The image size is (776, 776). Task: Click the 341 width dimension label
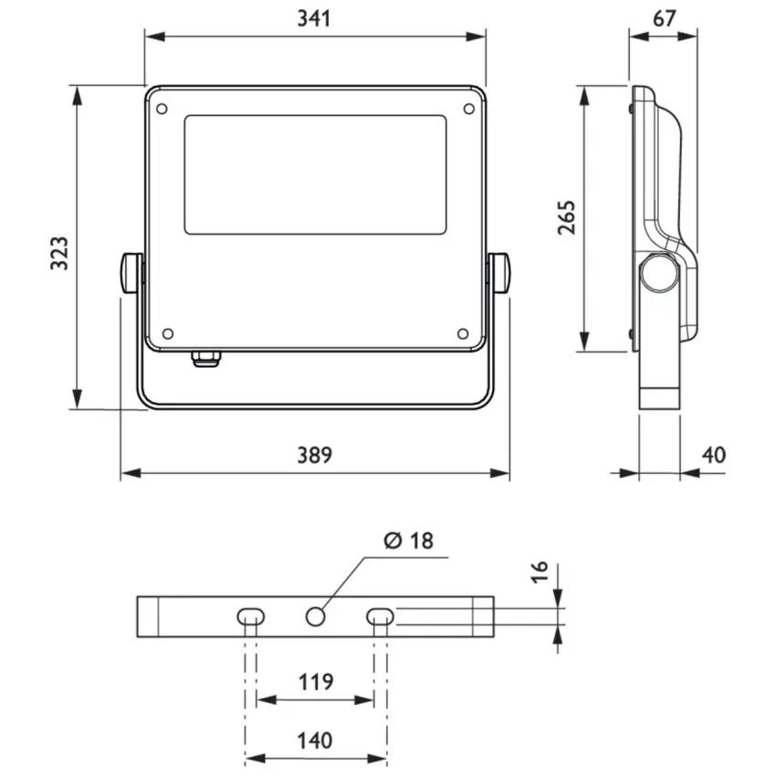tap(314, 18)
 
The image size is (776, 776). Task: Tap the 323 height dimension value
tap(59, 254)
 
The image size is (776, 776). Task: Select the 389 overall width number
tap(315, 455)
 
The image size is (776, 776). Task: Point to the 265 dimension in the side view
tap(566, 218)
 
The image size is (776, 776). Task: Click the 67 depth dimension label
tap(664, 18)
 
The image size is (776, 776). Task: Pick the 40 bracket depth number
tap(714, 455)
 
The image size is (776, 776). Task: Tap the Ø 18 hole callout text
tap(409, 540)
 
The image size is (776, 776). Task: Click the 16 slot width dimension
tap(540, 572)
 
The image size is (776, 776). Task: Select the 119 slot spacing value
tap(316, 681)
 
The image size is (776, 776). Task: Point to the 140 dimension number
tap(315, 740)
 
